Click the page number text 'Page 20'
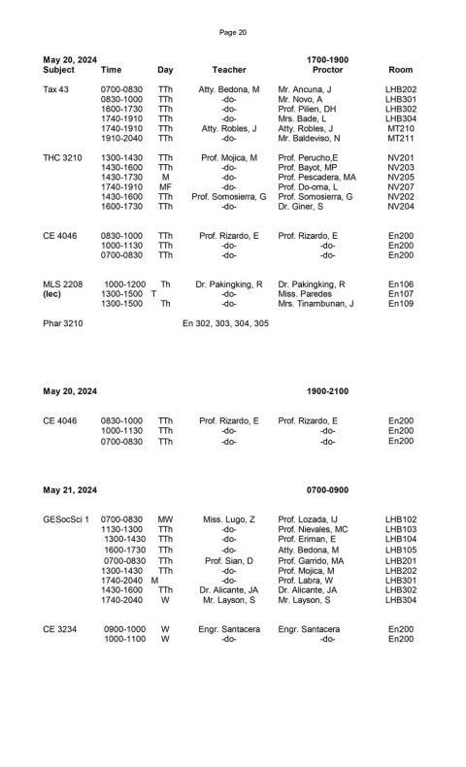coord(233,32)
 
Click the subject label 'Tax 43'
coord(56,89)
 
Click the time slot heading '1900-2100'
coord(326,390)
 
